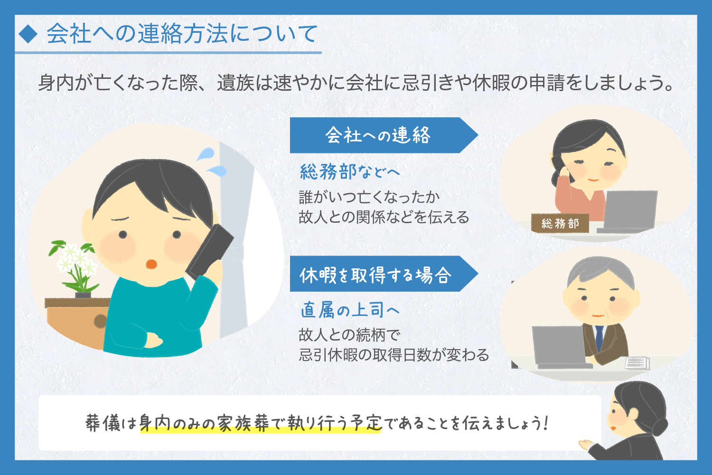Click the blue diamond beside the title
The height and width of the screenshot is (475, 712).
(28, 34)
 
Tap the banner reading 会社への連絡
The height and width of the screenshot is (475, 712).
(384, 135)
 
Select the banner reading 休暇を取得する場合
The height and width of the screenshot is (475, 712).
(384, 274)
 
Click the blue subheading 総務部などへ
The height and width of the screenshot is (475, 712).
(350, 172)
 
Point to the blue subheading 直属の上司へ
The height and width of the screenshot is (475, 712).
(350, 310)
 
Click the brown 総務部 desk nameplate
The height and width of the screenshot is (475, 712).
(560, 223)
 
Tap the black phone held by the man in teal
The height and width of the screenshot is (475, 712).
(210, 251)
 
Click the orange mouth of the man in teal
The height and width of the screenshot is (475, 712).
(151, 264)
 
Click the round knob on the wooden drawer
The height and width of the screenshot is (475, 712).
(101, 321)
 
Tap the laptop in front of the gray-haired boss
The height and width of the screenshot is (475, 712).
(560, 347)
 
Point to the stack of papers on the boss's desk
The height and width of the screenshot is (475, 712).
(637, 363)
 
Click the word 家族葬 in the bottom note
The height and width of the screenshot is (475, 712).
(243, 423)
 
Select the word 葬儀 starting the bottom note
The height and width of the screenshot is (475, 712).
(103, 423)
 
